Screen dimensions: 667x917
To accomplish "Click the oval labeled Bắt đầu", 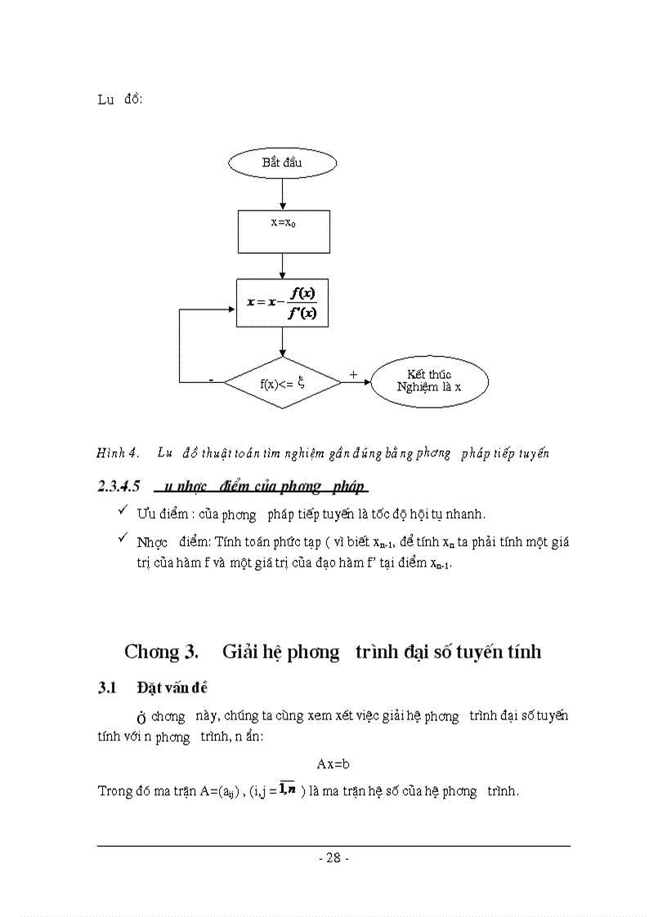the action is coord(282,163).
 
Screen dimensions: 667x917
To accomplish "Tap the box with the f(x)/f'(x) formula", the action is coord(283,303).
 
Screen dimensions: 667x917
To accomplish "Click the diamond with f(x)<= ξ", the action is coord(282,382).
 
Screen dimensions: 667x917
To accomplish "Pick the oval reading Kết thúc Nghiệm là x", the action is coord(429,381).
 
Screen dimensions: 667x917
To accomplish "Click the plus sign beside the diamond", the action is coord(353,374).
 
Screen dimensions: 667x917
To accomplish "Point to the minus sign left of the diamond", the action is coord(212,380).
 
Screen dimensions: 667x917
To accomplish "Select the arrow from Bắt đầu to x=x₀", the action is coord(282,194).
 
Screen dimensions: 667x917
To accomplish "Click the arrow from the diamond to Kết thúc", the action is coord(356,382).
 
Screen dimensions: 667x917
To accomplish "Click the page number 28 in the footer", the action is coord(333,858).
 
